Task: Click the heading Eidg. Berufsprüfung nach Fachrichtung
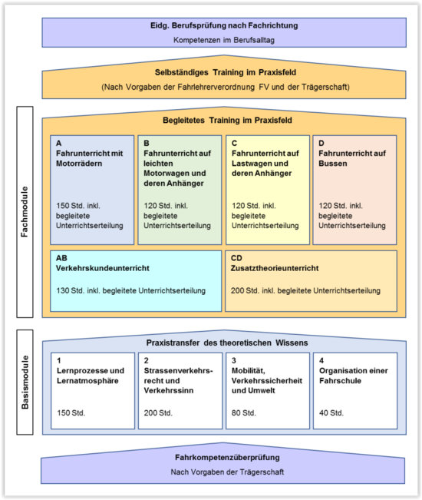click(x=224, y=26)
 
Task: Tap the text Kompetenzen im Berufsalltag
click(x=224, y=40)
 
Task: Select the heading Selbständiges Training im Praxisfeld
click(x=226, y=73)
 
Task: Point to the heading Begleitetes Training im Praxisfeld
click(x=227, y=121)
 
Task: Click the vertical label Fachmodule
click(x=25, y=212)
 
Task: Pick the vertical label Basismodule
click(x=25, y=382)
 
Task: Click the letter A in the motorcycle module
click(x=59, y=143)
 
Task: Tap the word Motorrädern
click(x=79, y=164)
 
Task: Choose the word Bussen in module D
click(x=333, y=164)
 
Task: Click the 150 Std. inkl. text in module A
click(x=78, y=206)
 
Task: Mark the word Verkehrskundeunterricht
click(x=103, y=268)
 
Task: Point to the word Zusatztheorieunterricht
click(x=275, y=268)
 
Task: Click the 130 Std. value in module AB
click(x=70, y=291)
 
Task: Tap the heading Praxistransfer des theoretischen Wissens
click(x=227, y=343)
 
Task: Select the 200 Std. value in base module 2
click(x=158, y=413)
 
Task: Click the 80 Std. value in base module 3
click(x=244, y=413)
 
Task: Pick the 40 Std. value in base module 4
click(x=331, y=413)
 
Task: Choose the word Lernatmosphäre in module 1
click(x=87, y=381)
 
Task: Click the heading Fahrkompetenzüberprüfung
click(x=227, y=458)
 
